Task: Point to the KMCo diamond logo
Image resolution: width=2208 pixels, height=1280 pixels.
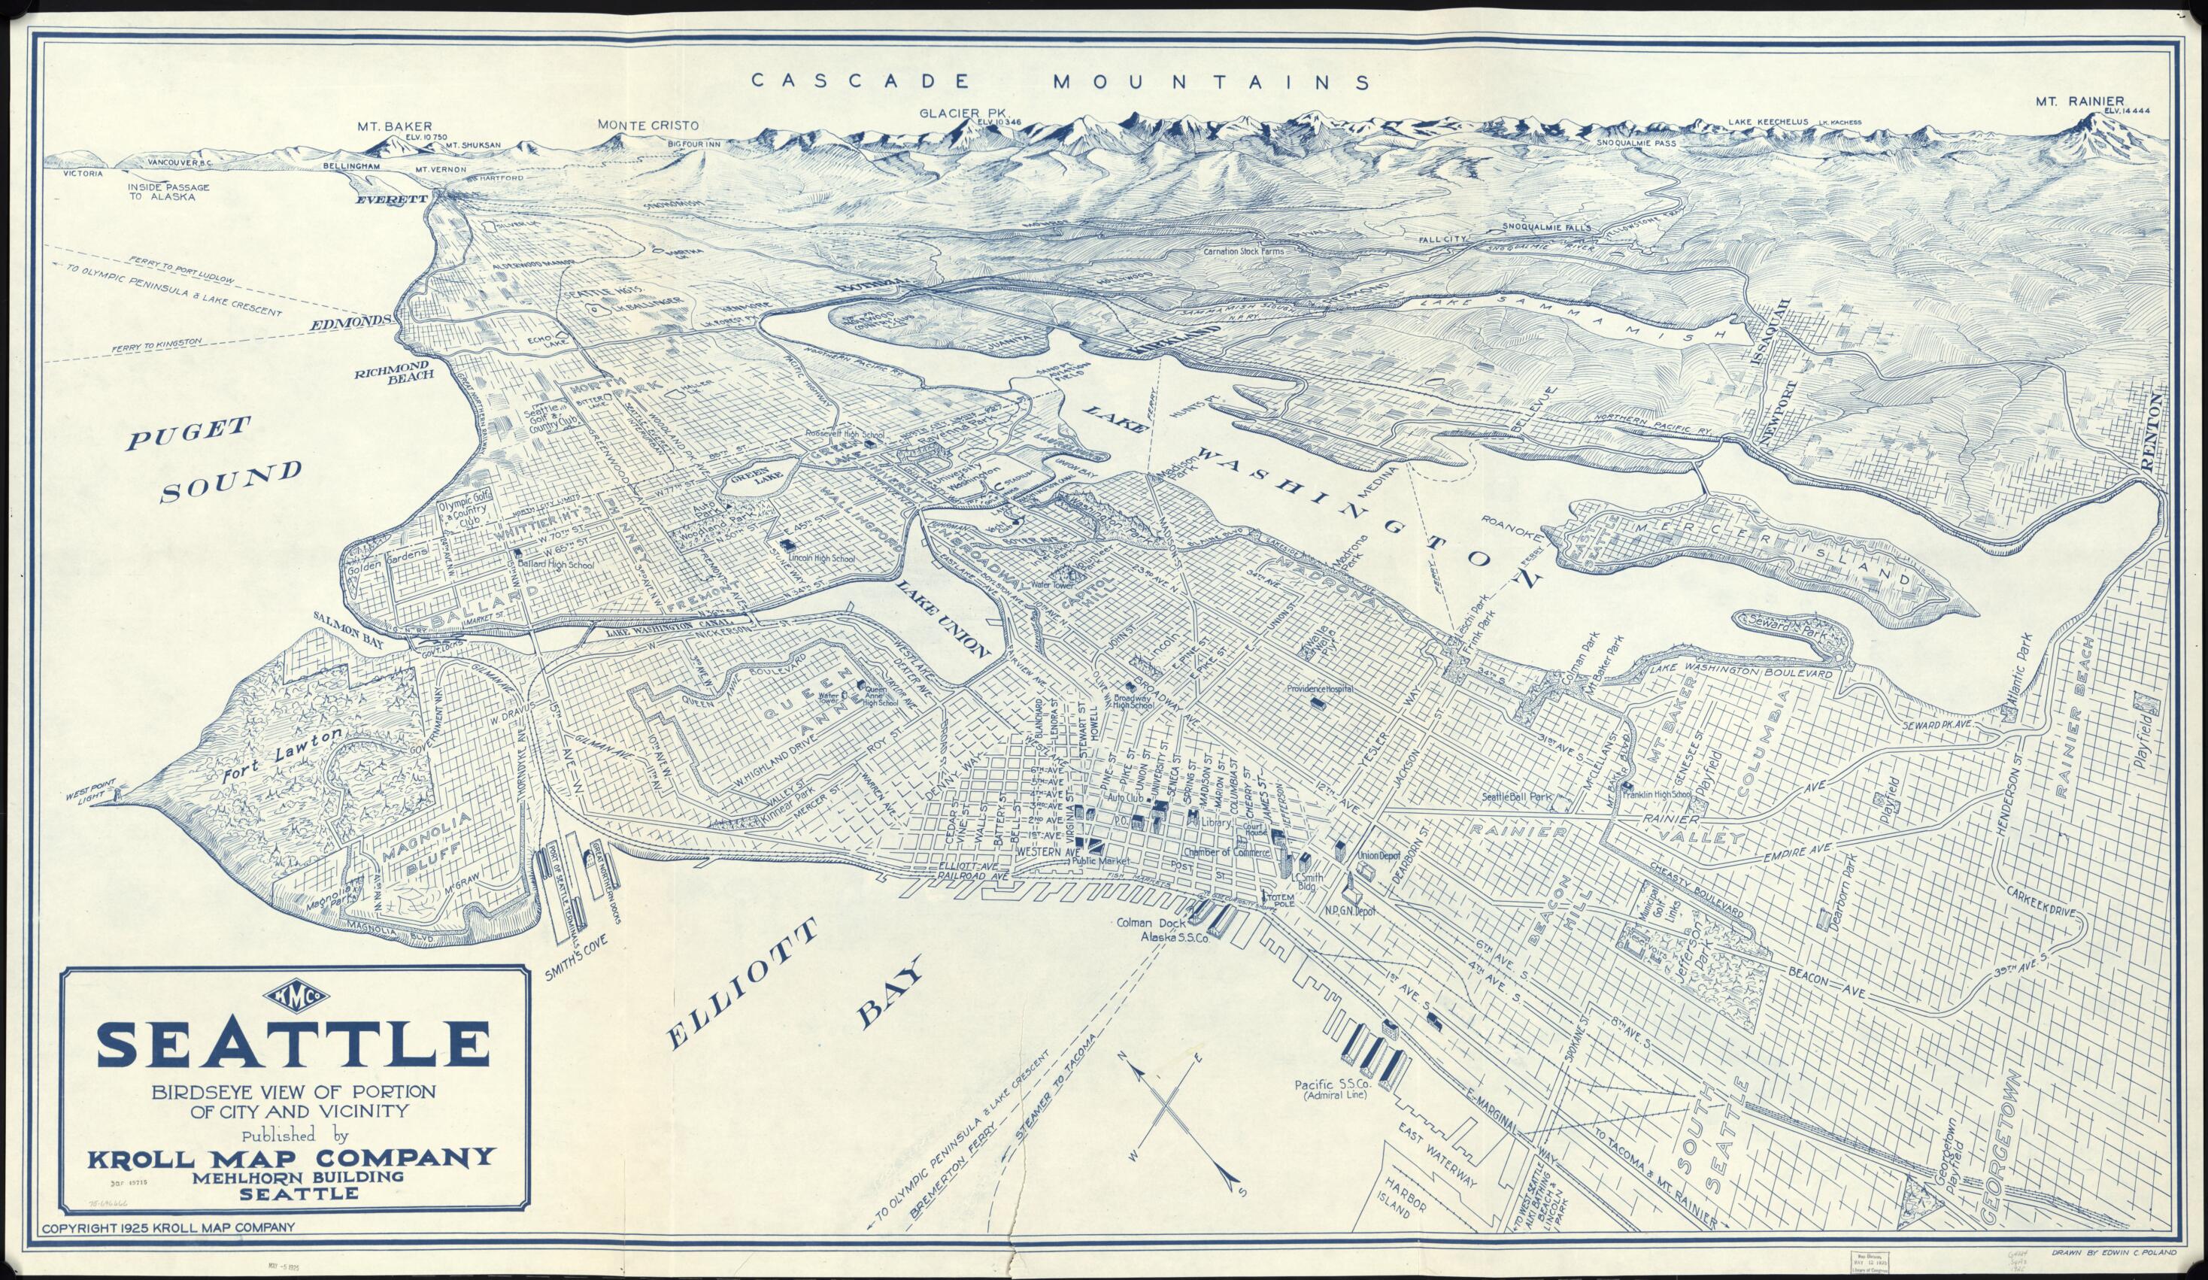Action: (292, 995)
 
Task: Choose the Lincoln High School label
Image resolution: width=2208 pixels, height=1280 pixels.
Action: (818, 558)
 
